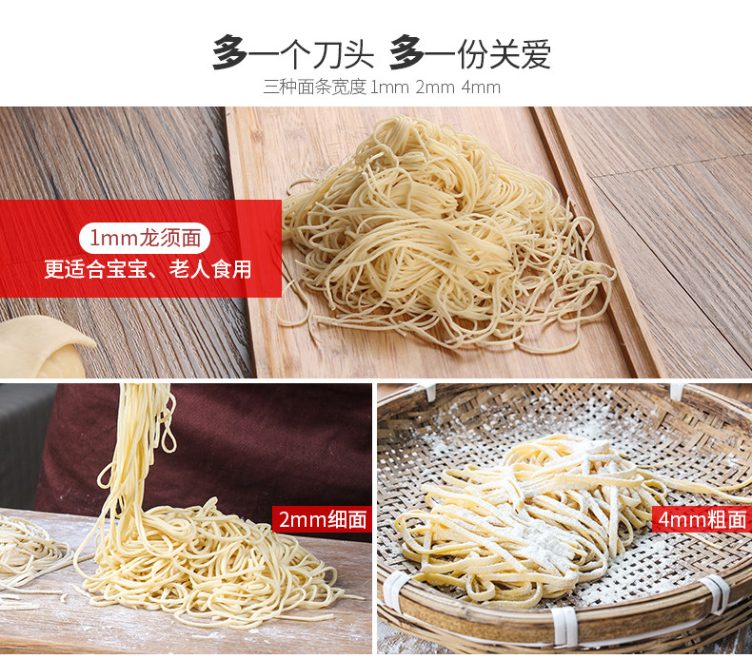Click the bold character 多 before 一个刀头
click(229, 53)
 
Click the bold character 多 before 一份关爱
click(406, 53)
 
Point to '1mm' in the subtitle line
click(389, 87)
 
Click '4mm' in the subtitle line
click(481, 87)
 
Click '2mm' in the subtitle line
click(434, 87)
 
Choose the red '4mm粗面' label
click(703, 519)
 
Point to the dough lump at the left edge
click(38, 347)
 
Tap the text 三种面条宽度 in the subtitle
click(314, 87)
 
